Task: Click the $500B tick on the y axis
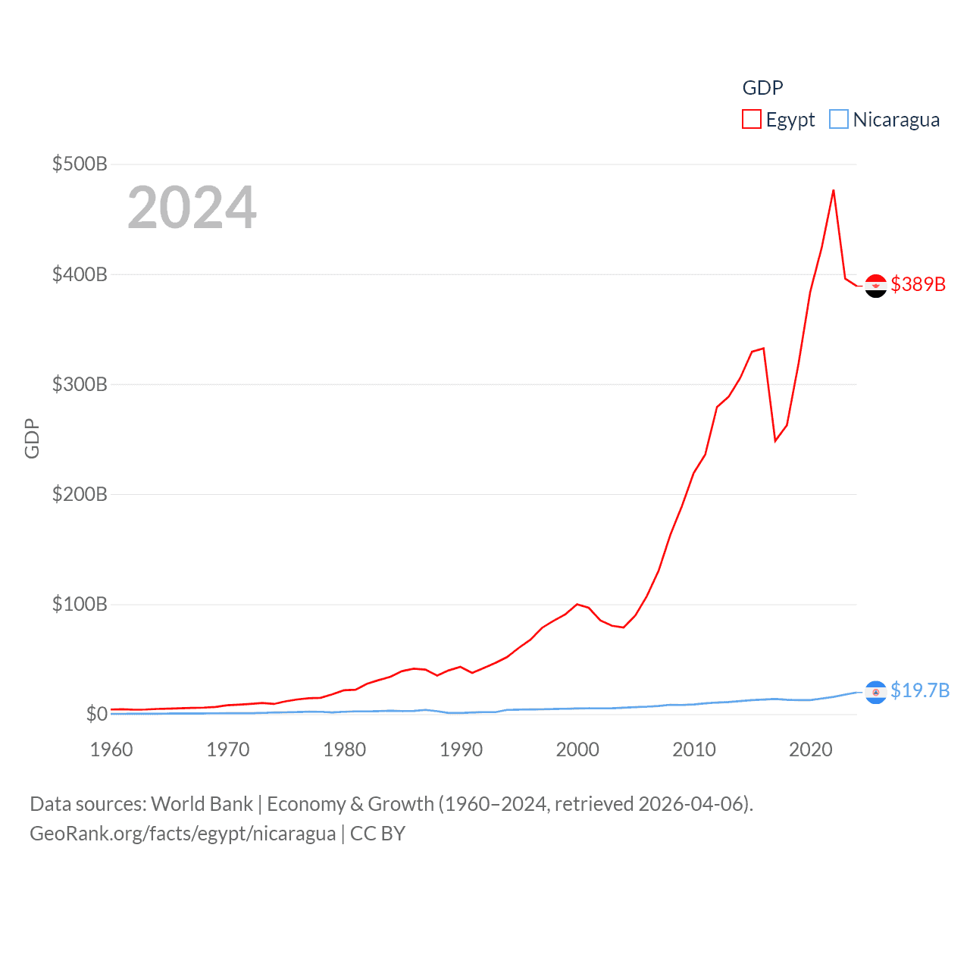80,164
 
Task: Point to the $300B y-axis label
80,384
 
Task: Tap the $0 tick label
96,714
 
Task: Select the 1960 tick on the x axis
111,749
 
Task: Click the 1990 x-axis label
461,749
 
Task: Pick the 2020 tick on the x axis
810,749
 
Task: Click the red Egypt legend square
752,120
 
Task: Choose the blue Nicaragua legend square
839,120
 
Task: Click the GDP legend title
762,88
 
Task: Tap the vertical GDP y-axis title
32,438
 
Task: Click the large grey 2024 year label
192,208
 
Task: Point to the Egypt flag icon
875,286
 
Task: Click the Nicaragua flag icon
875,692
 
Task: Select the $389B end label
918,284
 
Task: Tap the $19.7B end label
920,690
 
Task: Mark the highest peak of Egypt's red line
833,190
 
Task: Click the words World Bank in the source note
202,804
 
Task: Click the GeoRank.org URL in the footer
183,834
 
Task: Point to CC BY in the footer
377,834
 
